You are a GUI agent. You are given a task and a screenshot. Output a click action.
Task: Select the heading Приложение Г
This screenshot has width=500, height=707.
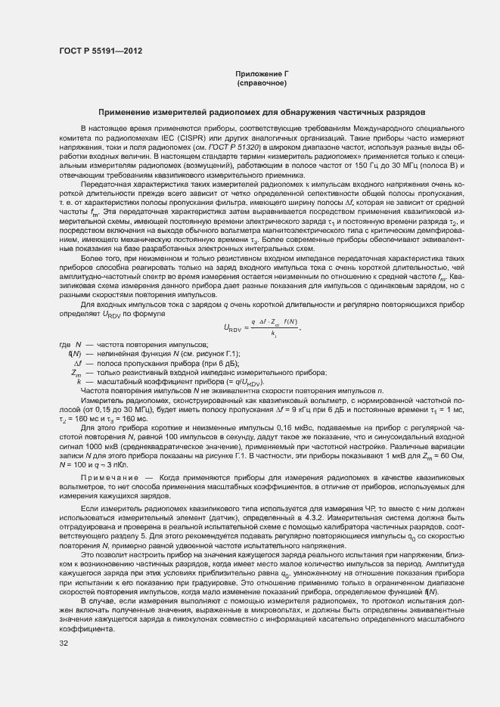pyautogui.click(x=262, y=74)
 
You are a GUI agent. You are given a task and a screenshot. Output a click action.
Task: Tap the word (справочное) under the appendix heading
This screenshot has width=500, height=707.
pyautogui.click(x=262, y=83)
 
